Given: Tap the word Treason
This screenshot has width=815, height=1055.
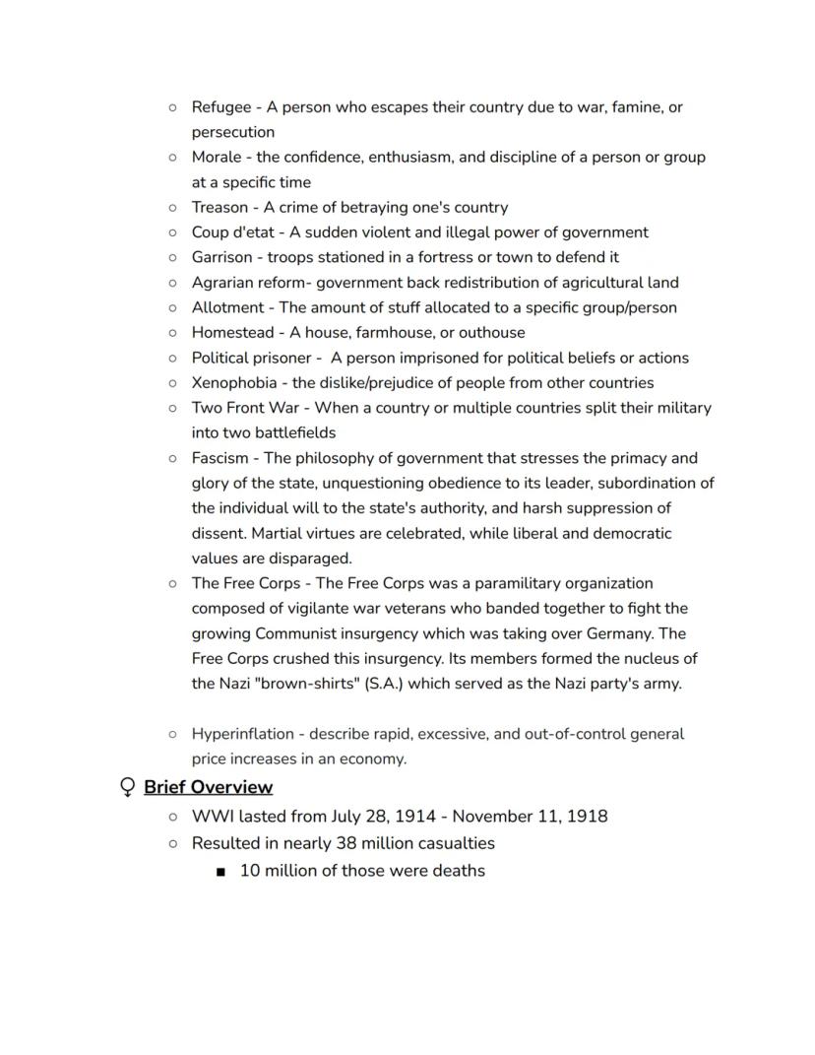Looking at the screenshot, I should coord(219,207).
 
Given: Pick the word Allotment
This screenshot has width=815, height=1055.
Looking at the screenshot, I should coord(227,307).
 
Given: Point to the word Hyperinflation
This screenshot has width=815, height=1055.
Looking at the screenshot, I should coord(242,734).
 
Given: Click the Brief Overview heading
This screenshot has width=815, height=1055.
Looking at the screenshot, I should coord(208,787).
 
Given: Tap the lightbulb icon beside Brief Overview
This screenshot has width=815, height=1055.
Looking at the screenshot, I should coord(126,787).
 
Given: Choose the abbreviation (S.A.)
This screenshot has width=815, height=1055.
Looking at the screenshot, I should coord(378,684).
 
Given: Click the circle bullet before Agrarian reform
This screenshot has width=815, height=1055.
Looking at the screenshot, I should coord(172,283).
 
